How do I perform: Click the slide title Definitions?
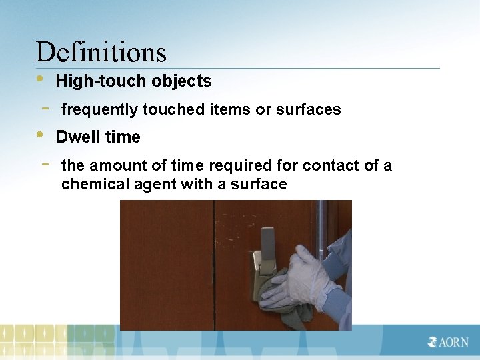[101, 52]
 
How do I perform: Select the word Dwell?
[75, 137]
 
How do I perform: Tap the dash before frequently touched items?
[45, 107]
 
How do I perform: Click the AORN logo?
[448, 342]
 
